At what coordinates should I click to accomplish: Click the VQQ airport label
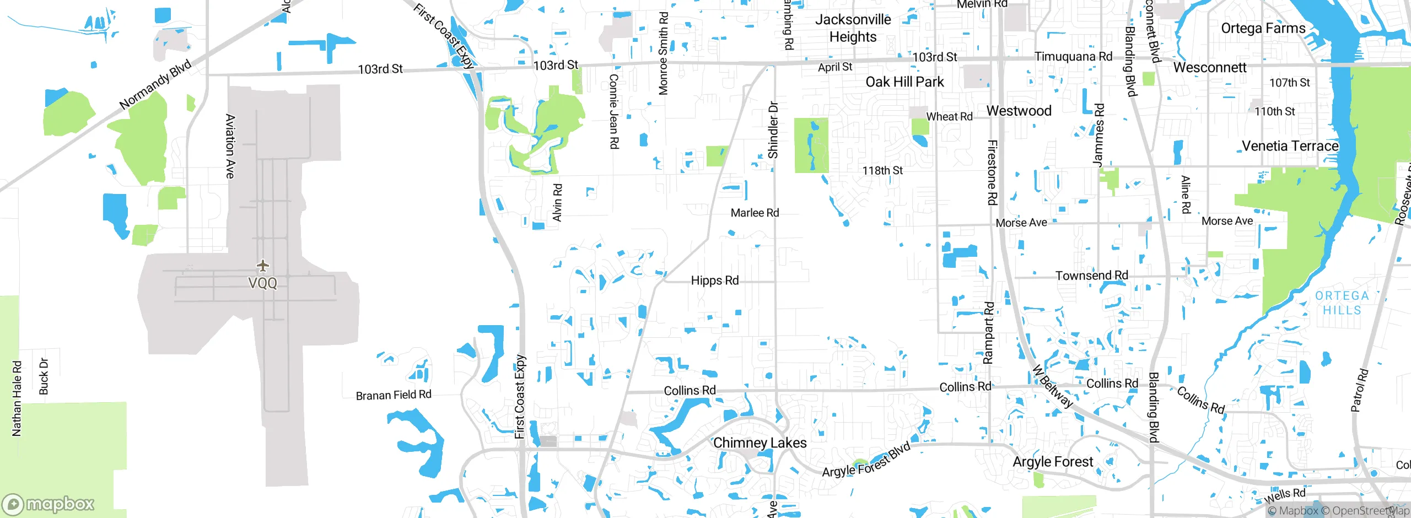click(x=262, y=283)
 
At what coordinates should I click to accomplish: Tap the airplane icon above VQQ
click(x=263, y=266)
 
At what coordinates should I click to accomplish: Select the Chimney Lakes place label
click(x=760, y=443)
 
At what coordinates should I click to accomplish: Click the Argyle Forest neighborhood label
click(x=1053, y=462)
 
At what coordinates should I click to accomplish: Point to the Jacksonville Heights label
click(x=853, y=28)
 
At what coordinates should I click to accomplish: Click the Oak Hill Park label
click(x=904, y=82)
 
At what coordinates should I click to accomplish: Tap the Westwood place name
click(x=1019, y=111)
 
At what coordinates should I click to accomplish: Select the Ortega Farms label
click(x=1263, y=29)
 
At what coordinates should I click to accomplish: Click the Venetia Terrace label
click(x=1290, y=146)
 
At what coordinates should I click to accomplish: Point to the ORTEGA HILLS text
click(x=1342, y=303)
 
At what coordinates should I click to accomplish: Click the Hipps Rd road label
click(x=714, y=280)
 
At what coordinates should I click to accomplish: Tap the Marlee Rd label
click(x=755, y=213)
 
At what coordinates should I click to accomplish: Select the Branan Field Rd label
click(x=393, y=395)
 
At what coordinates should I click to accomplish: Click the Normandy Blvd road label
click(x=155, y=84)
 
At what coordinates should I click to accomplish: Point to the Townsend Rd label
click(x=1091, y=275)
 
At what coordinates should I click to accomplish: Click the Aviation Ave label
click(x=230, y=146)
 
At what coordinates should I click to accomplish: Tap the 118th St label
click(x=882, y=171)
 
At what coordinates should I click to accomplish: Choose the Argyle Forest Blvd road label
click(x=866, y=461)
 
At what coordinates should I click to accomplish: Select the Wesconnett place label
click(x=1209, y=68)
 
